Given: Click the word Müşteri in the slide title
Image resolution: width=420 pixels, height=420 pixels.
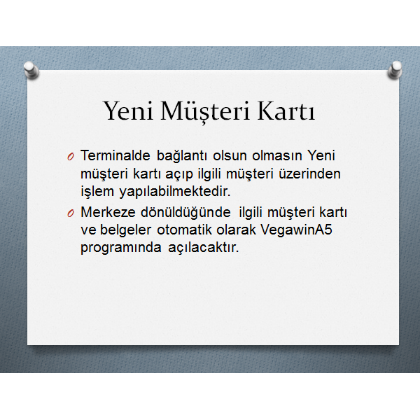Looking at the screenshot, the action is pos(205,111).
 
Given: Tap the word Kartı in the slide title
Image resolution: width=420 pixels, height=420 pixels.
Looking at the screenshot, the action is pos(286,111).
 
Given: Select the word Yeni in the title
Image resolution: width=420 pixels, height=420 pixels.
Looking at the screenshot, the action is pos(128,111).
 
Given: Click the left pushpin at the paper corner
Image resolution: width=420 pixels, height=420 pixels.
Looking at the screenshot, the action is pos(31,70).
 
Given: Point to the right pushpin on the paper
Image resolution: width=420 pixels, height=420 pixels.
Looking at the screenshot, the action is pos(395,70).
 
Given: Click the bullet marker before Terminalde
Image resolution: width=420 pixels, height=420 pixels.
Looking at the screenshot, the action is pos(71,157).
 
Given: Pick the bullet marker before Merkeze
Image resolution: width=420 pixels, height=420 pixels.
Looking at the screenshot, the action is pos(71,213).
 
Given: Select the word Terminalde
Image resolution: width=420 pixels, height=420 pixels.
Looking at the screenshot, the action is pos(115,155).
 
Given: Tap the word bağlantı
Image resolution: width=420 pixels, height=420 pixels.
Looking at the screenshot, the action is pos(181,156).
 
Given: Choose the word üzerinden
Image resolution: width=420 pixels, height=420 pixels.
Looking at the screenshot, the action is pos(309,174).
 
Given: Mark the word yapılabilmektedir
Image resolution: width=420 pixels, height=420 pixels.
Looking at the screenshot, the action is pos(174,192).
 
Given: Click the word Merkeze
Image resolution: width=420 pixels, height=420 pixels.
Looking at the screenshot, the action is pos(108,212).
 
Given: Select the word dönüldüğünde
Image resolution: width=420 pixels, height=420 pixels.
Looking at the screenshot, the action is pos(185,213).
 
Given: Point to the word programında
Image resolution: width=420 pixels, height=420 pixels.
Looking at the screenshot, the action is pos(121,248).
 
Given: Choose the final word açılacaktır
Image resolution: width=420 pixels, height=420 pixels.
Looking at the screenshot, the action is pos(203,248).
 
